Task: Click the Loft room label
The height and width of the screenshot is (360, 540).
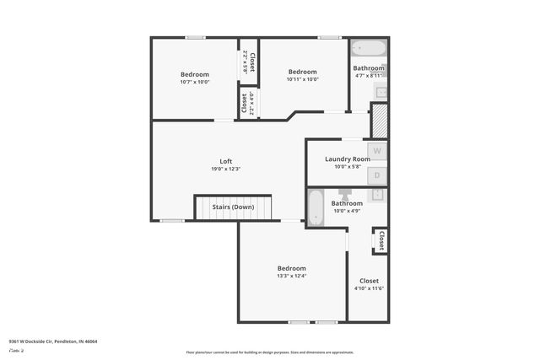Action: point(226,161)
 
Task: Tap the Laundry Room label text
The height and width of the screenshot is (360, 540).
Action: point(347,159)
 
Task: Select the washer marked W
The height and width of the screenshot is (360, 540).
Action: point(378,151)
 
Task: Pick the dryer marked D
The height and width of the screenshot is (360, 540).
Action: point(378,175)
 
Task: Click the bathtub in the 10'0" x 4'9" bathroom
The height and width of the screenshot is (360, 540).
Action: point(315,207)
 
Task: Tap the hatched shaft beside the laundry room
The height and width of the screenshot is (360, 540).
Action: point(379,119)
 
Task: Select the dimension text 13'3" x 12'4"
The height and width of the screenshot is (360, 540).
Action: point(291,276)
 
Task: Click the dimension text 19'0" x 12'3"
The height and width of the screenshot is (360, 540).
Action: point(226,169)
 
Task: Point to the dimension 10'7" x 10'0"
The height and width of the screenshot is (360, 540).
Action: point(194,82)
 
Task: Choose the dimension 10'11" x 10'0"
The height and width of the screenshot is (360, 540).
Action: point(302,79)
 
